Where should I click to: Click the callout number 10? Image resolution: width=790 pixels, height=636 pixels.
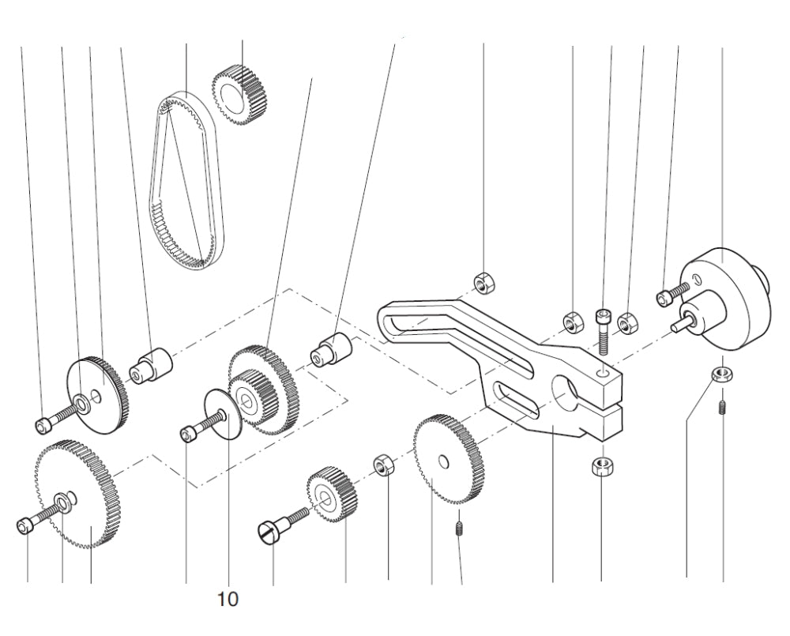point(228,599)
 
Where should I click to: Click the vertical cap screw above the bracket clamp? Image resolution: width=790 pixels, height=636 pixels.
point(604,329)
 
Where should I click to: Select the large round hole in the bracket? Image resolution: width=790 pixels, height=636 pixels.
point(566,393)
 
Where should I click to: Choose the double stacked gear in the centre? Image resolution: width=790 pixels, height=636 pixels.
point(261,387)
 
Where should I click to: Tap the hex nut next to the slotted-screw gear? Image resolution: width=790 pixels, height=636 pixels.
point(384,465)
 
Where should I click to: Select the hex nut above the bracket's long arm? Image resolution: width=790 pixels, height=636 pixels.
point(483,281)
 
